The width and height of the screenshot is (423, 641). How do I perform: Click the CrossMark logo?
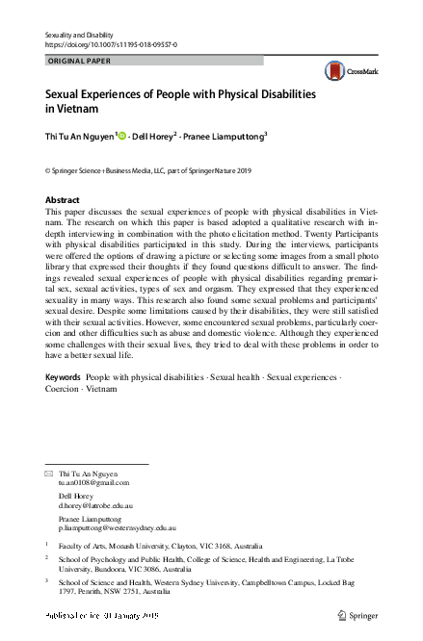346,70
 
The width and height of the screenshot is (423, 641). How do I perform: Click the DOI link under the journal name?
111,44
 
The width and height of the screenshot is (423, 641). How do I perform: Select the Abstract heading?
64,199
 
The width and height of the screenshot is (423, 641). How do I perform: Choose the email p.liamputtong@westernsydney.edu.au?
118,528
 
